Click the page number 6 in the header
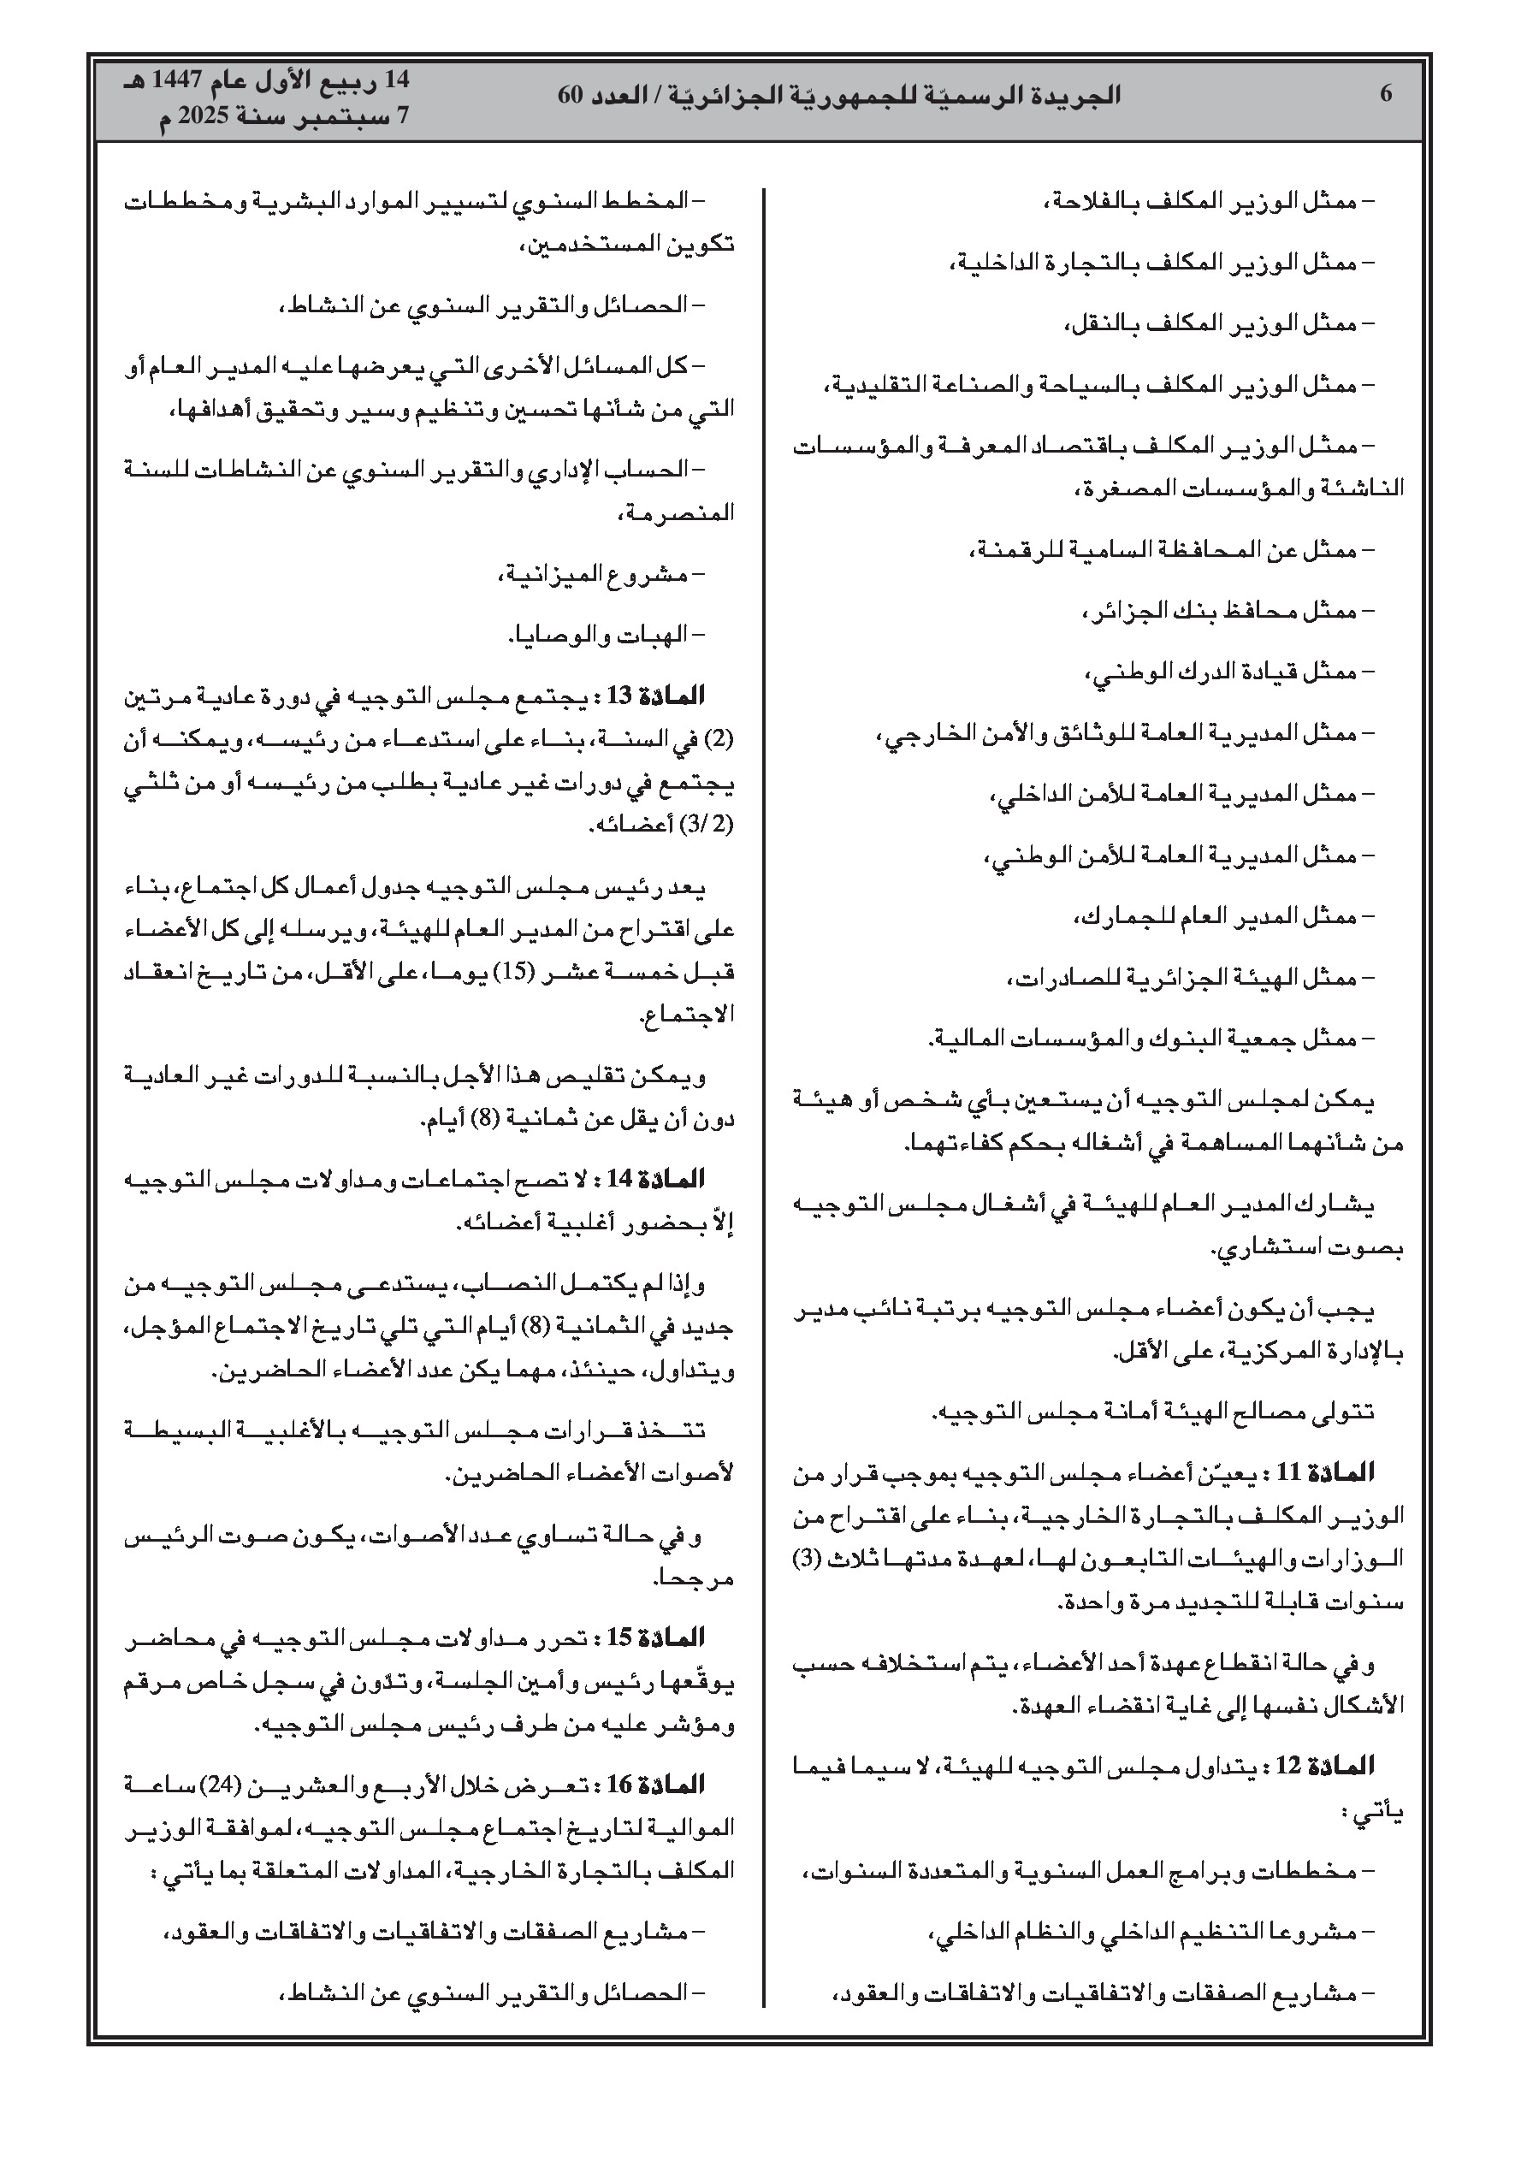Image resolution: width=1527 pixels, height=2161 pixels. (1385, 94)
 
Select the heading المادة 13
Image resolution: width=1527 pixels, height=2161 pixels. (666, 696)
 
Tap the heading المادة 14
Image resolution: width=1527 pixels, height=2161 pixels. (666, 1177)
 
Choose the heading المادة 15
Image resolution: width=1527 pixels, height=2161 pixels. (666, 1637)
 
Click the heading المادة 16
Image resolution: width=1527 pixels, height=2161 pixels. (666, 1784)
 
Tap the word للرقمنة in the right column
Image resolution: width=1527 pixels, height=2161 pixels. (1005, 550)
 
